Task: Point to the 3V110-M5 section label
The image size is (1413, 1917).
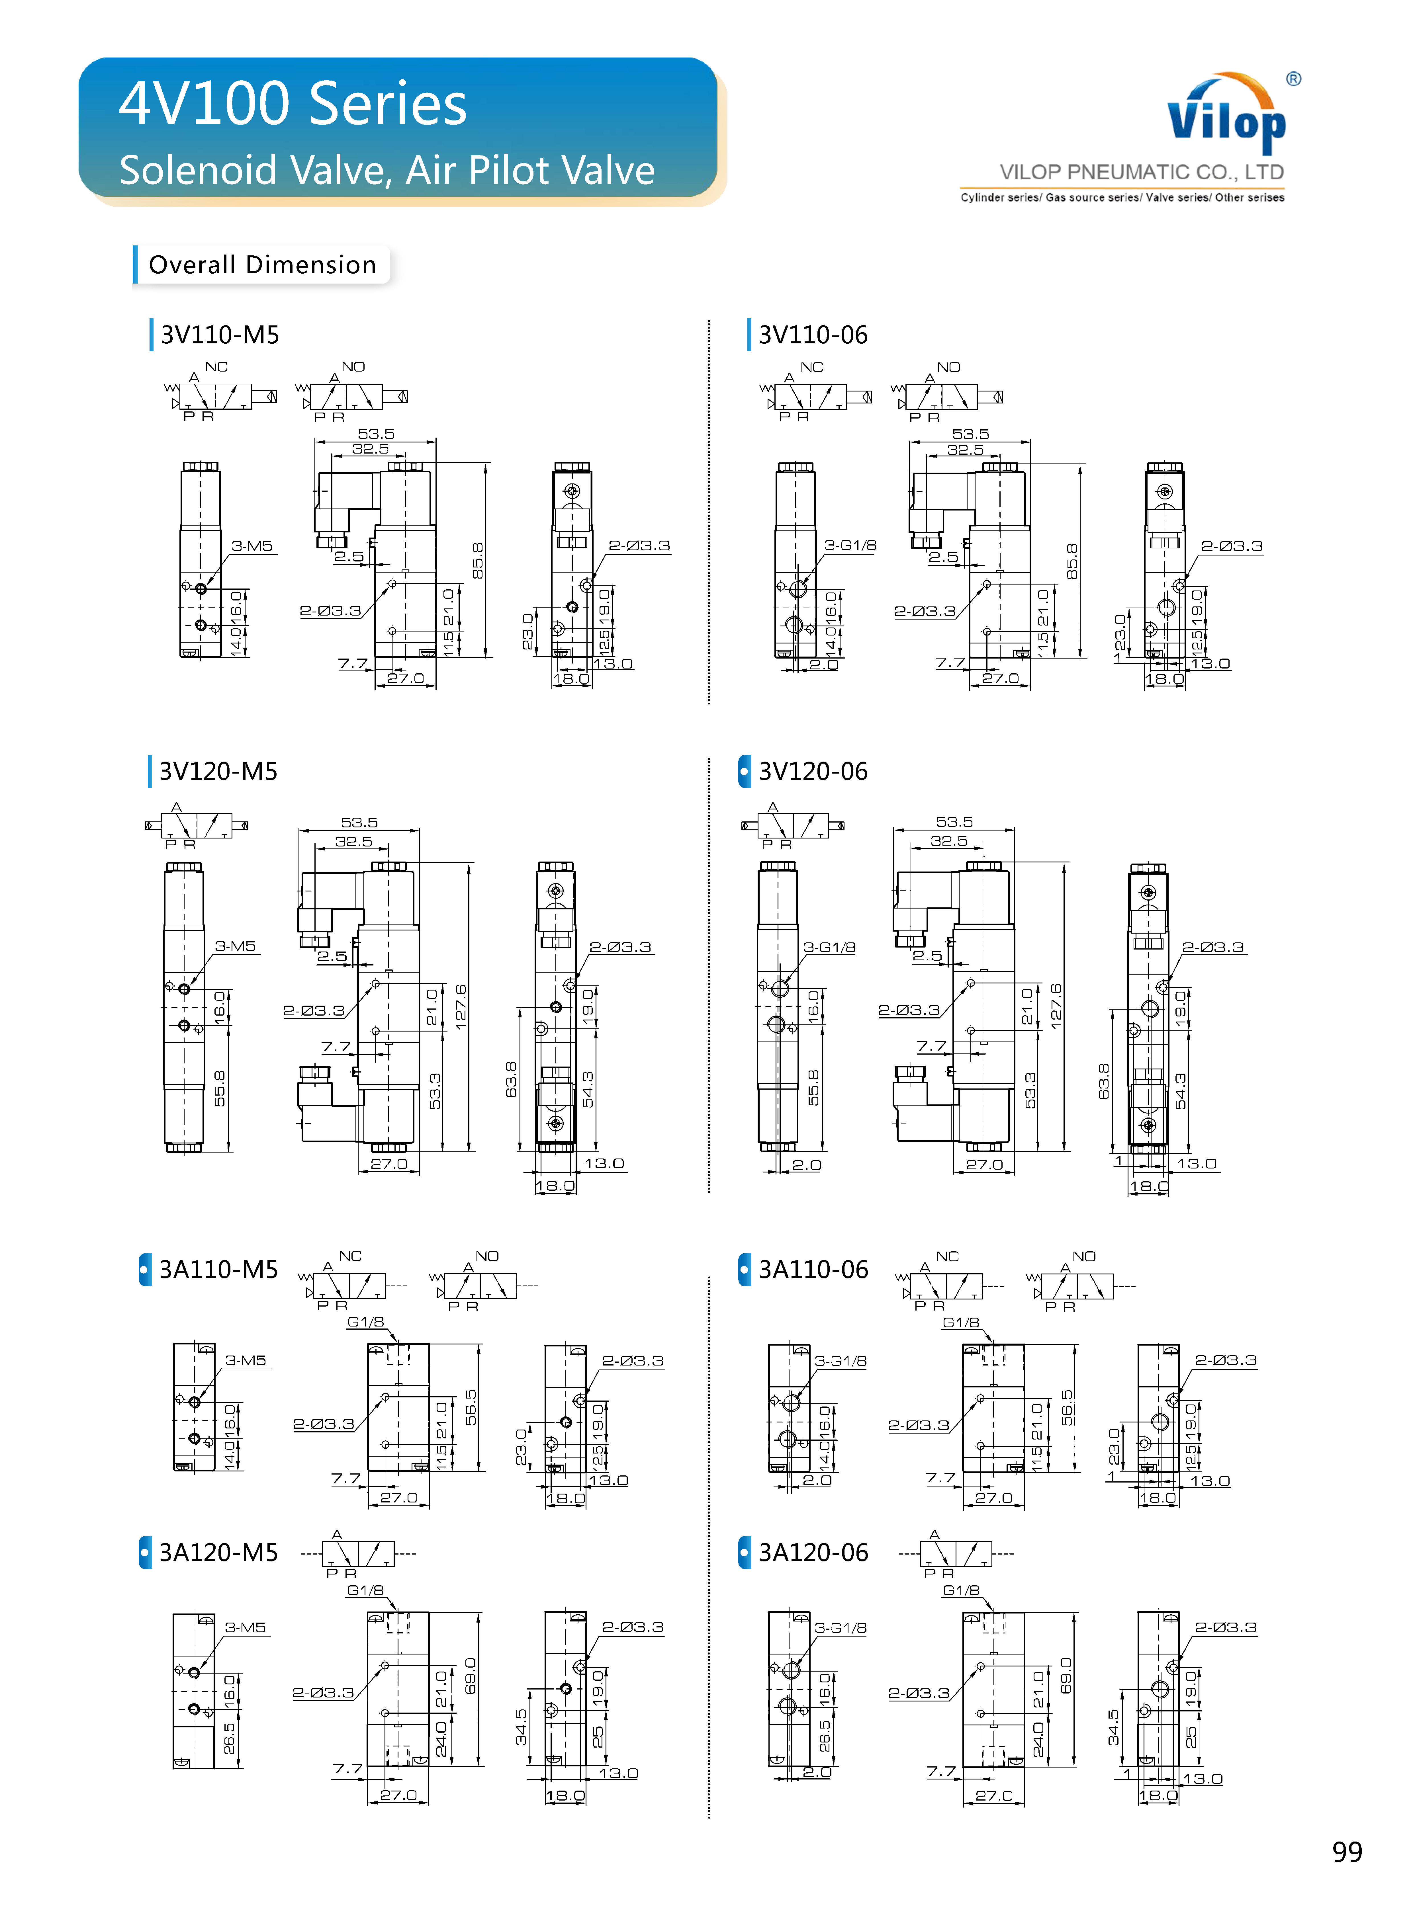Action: pyautogui.click(x=220, y=334)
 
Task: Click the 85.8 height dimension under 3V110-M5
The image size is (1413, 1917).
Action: pyautogui.click(x=477, y=560)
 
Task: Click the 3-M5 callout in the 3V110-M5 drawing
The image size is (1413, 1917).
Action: pyautogui.click(x=251, y=546)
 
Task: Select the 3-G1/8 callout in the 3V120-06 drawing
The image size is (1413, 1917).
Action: pyautogui.click(x=829, y=947)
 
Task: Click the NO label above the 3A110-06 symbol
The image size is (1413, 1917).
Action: pyautogui.click(x=1084, y=1256)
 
